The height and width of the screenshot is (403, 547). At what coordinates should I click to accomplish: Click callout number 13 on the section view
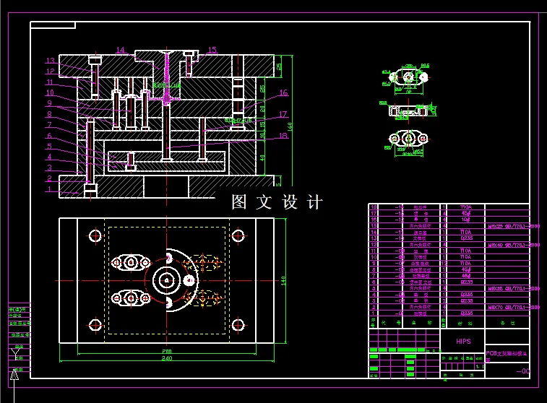pos(50,61)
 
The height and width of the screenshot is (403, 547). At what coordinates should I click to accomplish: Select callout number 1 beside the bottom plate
pos(50,190)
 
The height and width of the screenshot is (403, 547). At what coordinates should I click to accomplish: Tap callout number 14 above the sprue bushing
pos(120,51)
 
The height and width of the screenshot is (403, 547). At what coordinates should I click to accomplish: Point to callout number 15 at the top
pos(212,51)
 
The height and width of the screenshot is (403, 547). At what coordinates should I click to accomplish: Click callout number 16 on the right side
pos(283,93)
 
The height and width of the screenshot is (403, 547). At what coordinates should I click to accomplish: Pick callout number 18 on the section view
pos(283,136)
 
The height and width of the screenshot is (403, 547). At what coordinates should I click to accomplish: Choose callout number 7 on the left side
pos(50,125)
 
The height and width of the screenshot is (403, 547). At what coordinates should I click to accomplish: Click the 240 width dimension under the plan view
pos(167,358)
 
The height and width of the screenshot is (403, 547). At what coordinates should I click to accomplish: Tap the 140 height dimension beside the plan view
pos(284,280)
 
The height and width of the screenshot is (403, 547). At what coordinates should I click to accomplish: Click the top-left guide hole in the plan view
pos(95,235)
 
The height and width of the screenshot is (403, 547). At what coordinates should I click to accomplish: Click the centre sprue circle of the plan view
pos(167,280)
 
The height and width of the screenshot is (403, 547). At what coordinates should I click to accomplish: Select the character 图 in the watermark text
pos(239,203)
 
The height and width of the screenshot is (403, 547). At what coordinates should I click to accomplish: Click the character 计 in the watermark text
pos(315,203)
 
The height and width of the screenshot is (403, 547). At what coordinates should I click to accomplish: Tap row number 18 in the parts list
pos(374,207)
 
